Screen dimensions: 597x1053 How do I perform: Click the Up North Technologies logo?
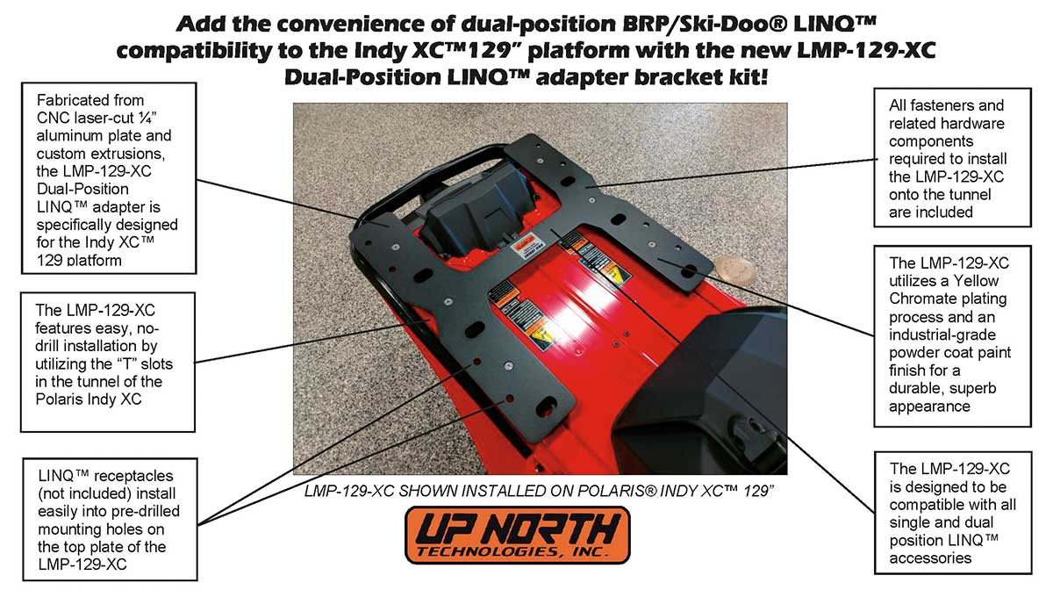[517, 534]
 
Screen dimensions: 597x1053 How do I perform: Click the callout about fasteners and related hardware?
[953, 157]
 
